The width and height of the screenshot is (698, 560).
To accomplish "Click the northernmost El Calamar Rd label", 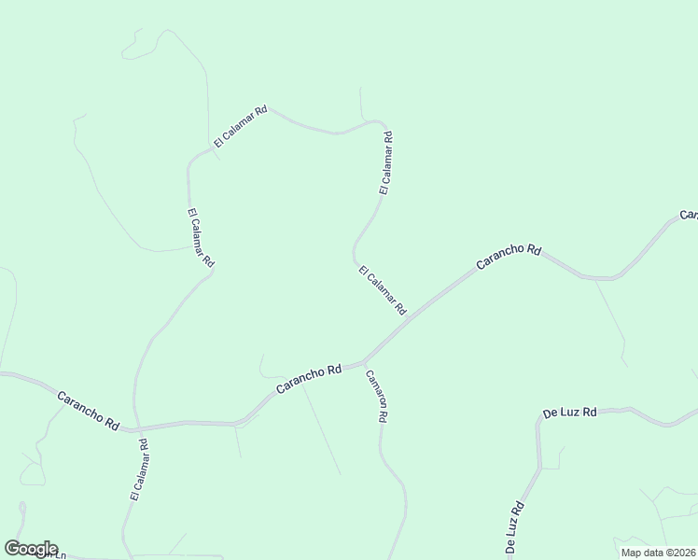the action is click(x=241, y=126).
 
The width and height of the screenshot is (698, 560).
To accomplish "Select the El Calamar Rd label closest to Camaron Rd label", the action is click(x=383, y=290).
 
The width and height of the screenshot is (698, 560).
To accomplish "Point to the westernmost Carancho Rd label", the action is click(x=88, y=411).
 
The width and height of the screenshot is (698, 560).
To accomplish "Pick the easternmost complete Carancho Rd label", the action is click(x=509, y=257).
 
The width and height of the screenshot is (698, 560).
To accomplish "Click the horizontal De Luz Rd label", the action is click(x=569, y=412).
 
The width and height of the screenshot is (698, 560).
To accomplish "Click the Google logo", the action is click(x=31, y=549).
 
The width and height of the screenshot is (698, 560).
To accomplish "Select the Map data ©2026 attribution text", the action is click(x=658, y=553).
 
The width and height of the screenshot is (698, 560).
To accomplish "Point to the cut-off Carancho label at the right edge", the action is click(x=689, y=216).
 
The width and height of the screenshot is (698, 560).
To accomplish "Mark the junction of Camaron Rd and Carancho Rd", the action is click(x=363, y=360).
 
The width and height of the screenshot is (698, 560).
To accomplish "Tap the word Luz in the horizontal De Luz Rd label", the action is click(x=571, y=412).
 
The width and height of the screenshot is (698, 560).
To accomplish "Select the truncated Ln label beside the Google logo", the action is click(x=60, y=555).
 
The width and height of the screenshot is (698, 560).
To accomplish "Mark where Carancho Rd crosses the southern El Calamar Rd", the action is click(x=136, y=430).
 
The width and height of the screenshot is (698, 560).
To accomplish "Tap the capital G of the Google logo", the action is click(x=12, y=549).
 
